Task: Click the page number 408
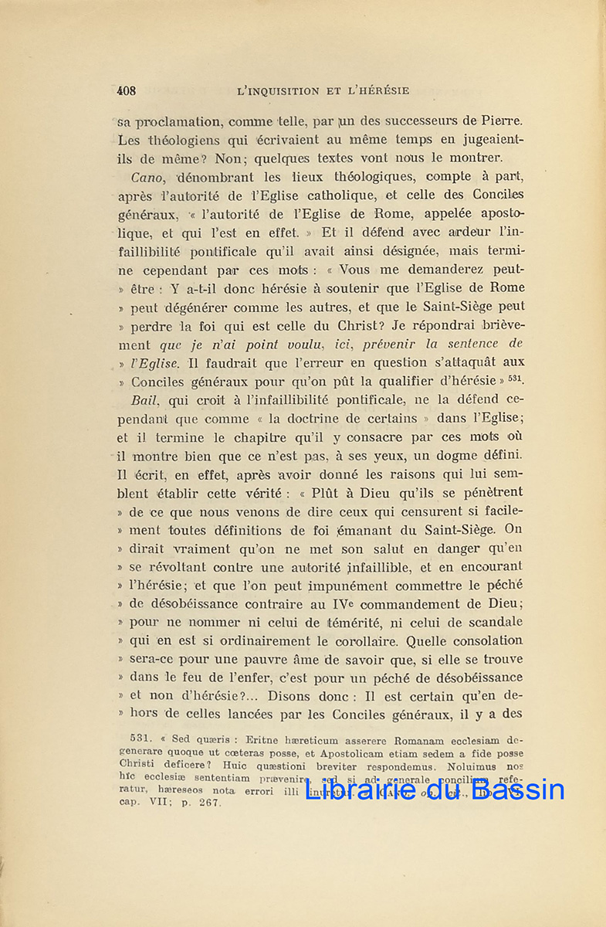pyautogui.click(x=126, y=90)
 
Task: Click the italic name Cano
pyautogui.click(x=147, y=177)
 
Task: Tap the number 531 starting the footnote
pyautogui.click(x=144, y=738)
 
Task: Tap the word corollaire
pyautogui.click(x=362, y=640)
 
